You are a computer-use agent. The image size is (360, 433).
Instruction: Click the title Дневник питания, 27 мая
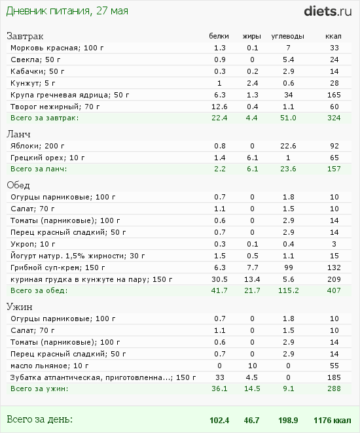[x=67, y=11]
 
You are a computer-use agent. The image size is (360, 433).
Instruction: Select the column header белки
[x=219, y=36]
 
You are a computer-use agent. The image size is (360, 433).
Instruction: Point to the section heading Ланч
[x=19, y=133]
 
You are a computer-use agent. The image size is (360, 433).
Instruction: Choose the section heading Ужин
[x=20, y=306]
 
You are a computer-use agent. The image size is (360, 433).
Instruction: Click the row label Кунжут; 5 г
[x=29, y=82]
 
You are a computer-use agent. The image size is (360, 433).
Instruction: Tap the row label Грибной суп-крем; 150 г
[x=53, y=267]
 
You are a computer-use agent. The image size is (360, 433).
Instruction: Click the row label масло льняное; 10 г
[x=46, y=365]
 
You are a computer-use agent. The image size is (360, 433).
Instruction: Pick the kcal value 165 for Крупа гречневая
[x=334, y=94]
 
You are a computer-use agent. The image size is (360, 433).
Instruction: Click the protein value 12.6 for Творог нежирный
[x=219, y=106]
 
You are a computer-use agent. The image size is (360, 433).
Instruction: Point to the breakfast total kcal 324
[x=334, y=118]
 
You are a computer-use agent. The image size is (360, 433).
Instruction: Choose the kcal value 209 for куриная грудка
[x=334, y=279]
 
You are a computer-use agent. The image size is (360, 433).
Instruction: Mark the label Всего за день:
[x=39, y=419]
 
